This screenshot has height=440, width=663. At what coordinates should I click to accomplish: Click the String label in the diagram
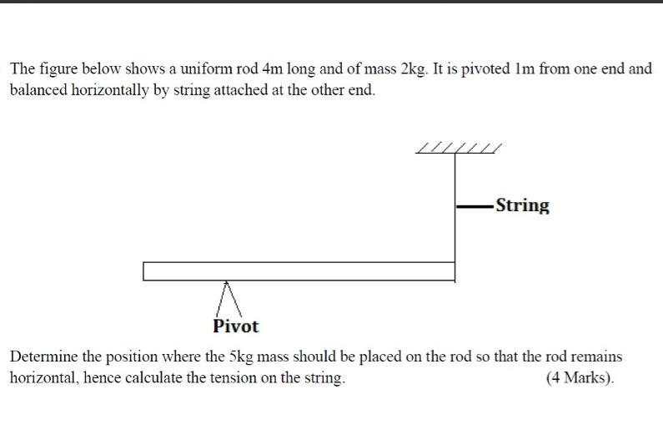[523, 205]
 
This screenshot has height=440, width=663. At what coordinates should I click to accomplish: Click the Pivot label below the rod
[235, 326]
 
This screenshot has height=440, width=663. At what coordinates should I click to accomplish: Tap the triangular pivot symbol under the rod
[229, 299]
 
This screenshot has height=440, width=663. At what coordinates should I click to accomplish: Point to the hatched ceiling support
[459, 148]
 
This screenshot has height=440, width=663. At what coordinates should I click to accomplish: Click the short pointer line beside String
[475, 207]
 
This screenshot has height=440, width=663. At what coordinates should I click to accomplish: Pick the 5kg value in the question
[241, 357]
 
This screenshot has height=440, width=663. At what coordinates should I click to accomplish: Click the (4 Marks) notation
[580, 377]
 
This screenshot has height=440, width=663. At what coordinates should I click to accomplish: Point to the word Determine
[43, 357]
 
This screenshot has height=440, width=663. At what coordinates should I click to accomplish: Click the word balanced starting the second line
[38, 90]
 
